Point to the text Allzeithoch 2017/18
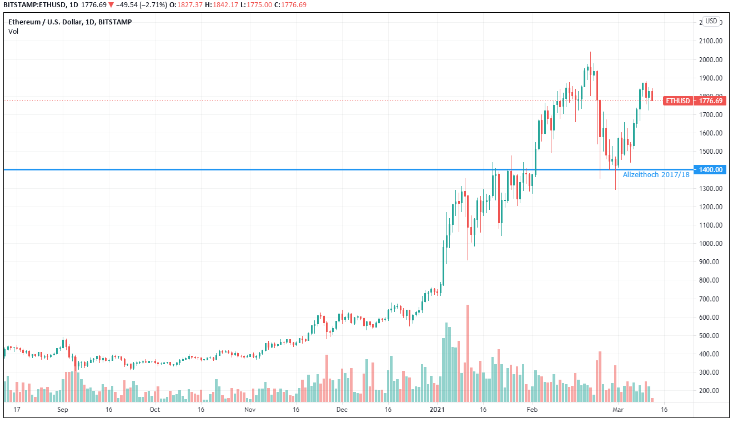656,175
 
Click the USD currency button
711,21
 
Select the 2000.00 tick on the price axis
710,59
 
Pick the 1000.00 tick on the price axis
710,243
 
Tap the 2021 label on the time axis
437,410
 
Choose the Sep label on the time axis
62,410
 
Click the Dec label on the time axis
342,410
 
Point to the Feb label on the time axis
533,410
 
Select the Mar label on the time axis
619,410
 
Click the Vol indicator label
13,31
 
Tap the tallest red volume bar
468,353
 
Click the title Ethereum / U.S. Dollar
44,22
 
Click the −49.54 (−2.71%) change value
139,6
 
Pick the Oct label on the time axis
154,410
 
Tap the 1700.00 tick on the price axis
710,114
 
